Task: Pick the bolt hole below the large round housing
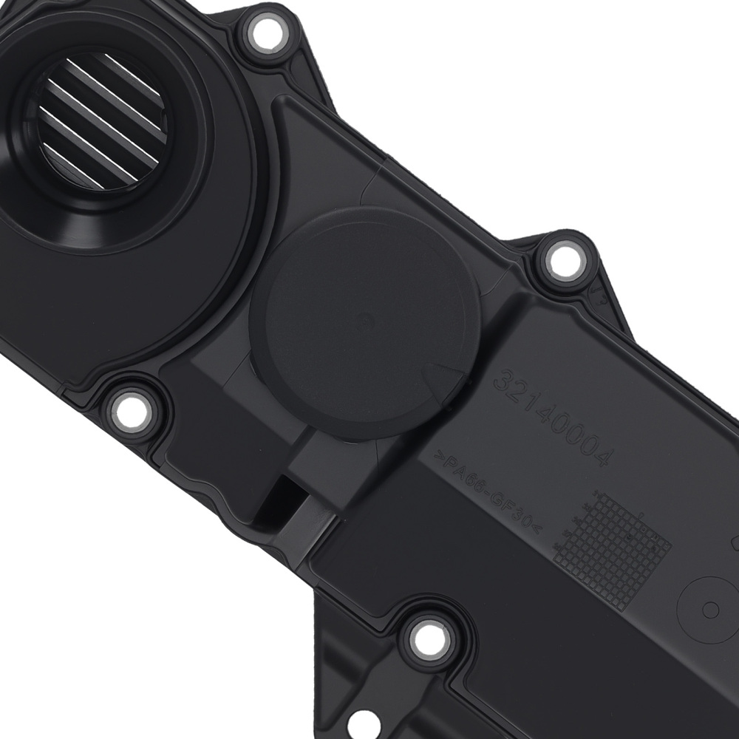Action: point(130,407)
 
